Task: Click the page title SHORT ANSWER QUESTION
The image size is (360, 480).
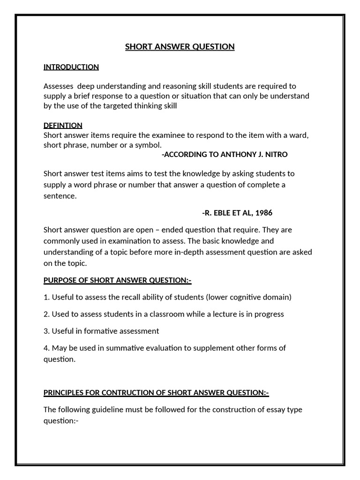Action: (x=180, y=46)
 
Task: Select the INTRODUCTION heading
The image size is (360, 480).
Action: (x=71, y=67)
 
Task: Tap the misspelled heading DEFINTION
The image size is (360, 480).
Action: (x=63, y=125)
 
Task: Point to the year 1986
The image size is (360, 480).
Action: (x=263, y=213)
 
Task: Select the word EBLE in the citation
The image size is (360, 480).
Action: (x=219, y=213)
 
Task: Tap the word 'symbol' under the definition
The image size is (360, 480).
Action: (x=148, y=145)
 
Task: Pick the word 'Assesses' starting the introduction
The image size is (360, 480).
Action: (x=59, y=86)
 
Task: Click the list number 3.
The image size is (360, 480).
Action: (x=46, y=331)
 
